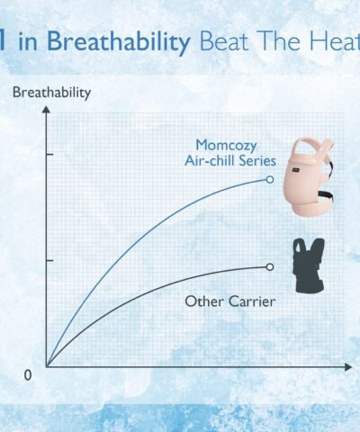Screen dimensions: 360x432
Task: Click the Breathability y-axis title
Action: (x=51, y=93)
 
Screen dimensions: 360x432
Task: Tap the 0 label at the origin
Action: (x=27, y=375)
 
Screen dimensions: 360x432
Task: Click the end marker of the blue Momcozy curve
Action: (x=270, y=179)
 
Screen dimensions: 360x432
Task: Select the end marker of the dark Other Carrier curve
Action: (x=270, y=266)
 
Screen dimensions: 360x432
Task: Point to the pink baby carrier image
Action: (x=309, y=176)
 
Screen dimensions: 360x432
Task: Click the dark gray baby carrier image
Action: (x=309, y=265)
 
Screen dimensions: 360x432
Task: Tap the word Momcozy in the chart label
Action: (x=226, y=146)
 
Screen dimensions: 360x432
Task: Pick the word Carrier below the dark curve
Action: (x=251, y=301)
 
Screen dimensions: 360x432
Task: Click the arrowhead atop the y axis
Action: (x=46, y=109)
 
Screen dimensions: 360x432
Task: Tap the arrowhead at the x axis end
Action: (x=348, y=366)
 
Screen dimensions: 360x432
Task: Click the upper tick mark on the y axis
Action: (x=49, y=155)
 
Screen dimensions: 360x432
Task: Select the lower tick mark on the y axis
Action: (x=49, y=260)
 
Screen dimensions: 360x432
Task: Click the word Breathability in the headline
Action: (x=119, y=41)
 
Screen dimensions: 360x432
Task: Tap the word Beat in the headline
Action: (x=224, y=41)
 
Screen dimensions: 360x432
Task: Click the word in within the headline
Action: (x=28, y=42)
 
